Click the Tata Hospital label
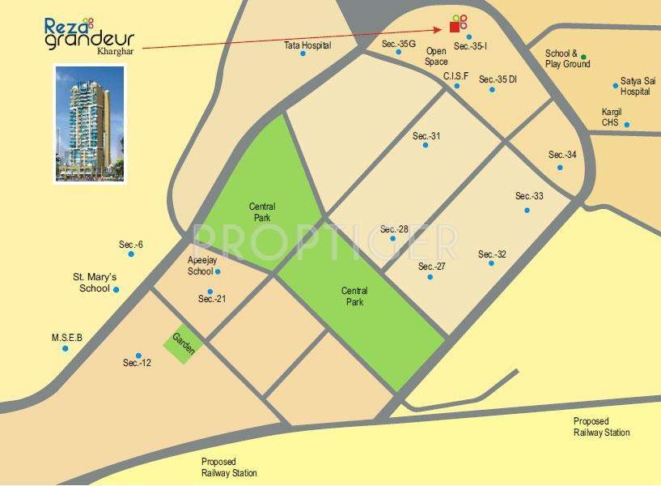pyautogui.click(x=307, y=45)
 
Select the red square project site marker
pyautogui.click(x=454, y=27)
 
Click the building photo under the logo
pyautogui.click(x=89, y=123)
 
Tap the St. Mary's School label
pyautogui.click(x=95, y=282)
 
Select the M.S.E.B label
pyautogui.click(x=67, y=338)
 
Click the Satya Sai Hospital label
pyautogui.click(x=635, y=86)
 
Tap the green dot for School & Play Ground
pyautogui.click(x=584, y=58)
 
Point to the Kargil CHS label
pyautogui.click(x=612, y=117)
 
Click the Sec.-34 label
pyautogui.click(x=562, y=155)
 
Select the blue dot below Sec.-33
pyautogui.click(x=527, y=210)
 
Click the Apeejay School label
pyautogui.click(x=200, y=266)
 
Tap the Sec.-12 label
pyautogui.click(x=138, y=363)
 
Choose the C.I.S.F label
pyautogui.click(x=455, y=76)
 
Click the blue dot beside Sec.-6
pyautogui.click(x=131, y=254)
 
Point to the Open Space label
pyautogui.click(x=436, y=56)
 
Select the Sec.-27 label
pyautogui.click(x=432, y=266)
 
